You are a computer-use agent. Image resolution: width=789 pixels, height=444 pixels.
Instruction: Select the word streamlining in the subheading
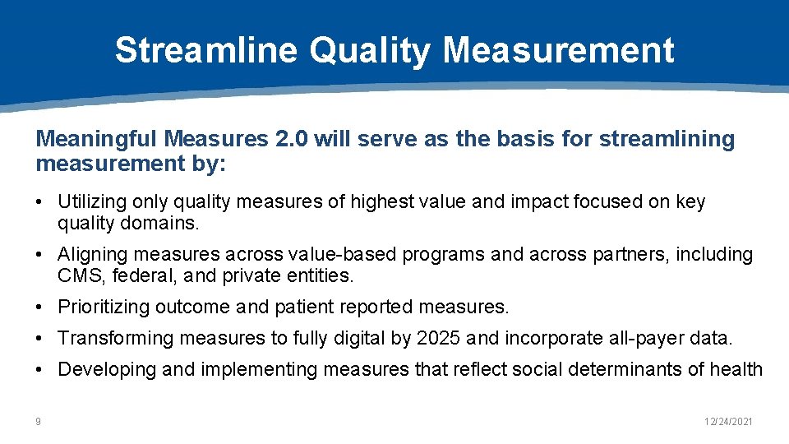tap(667, 139)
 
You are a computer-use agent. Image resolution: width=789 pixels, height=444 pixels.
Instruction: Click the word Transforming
tap(108, 338)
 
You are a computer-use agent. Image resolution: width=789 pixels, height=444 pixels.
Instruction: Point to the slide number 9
tap(38, 422)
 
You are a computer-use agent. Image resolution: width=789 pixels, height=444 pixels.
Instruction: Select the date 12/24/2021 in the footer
tap(729, 422)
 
